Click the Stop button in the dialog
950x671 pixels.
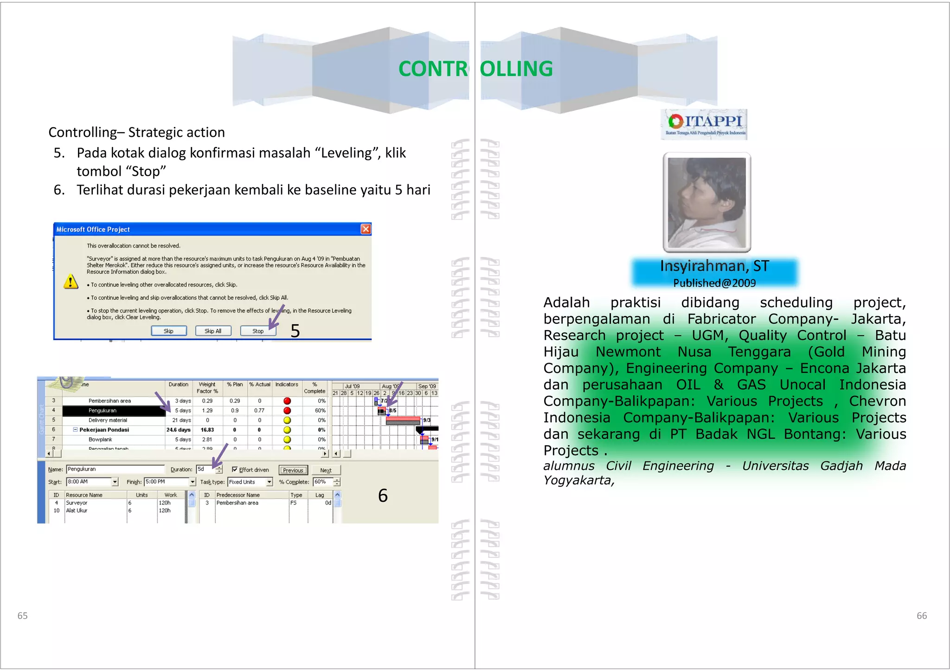(x=258, y=331)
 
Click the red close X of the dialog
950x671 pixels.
(x=366, y=229)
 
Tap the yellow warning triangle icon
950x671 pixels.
(x=71, y=281)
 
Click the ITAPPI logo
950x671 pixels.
(x=704, y=124)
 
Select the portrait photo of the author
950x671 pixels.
(x=706, y=203)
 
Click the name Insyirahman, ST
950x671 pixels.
(x=714, y=266)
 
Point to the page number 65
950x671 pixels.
(x=22, y=615)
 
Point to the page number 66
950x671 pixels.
(x=921, y=615)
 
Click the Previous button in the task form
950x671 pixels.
(x=293, y=470)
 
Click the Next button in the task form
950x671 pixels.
(x=326, y=470)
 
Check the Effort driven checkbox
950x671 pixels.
(x=235, y=469)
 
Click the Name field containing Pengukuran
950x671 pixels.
(x=115, y=469)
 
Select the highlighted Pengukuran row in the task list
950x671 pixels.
(x=113, y=410)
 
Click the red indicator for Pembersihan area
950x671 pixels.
(x=287, y=401)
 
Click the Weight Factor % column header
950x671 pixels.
(x=207, y=388)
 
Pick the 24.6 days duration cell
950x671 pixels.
(x=179, y=430)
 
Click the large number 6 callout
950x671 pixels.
(x=383, y=496)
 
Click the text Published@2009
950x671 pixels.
(x=714, y=283)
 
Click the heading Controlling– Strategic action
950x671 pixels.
(x=136, y=133)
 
